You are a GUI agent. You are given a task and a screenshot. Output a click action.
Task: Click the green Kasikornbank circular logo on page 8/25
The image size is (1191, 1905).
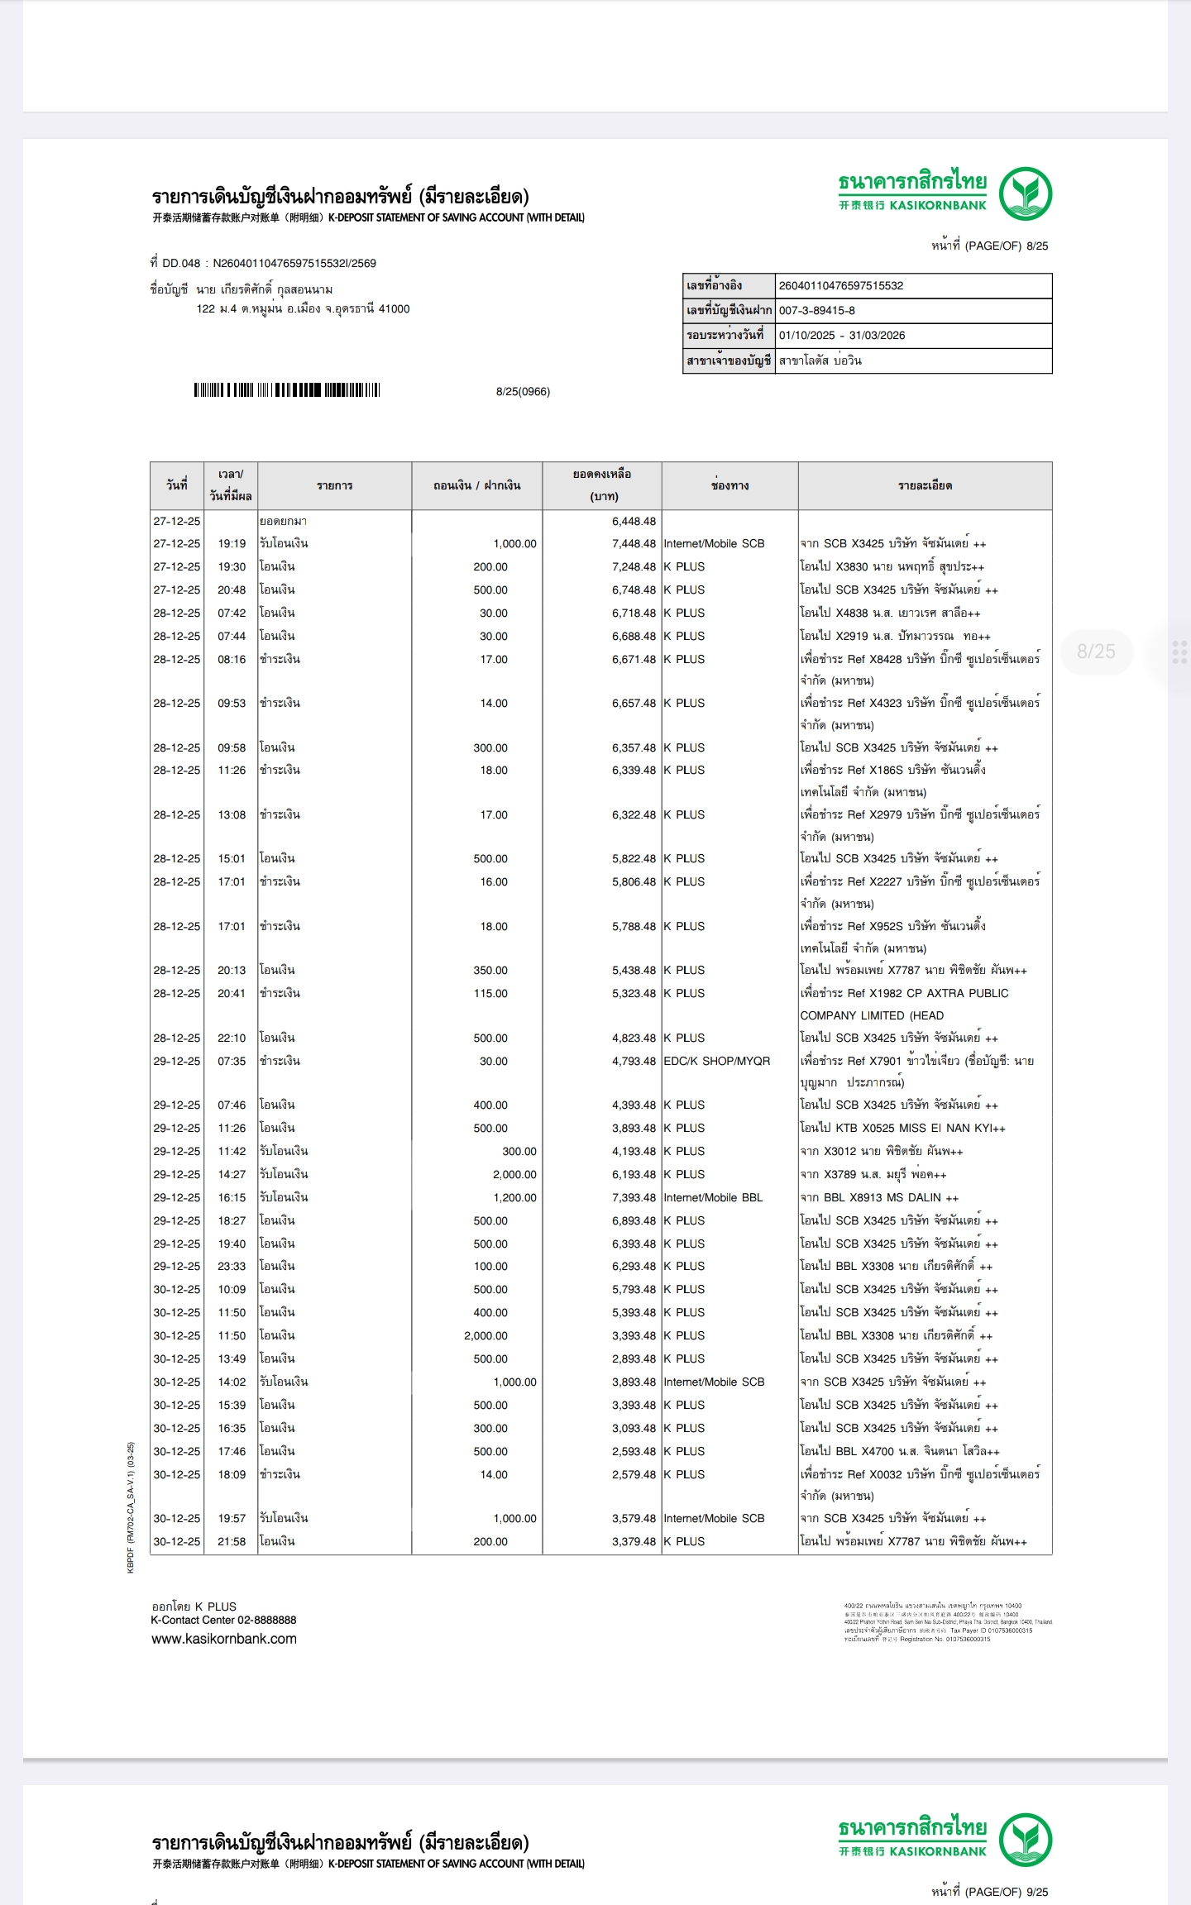pos(1025,193)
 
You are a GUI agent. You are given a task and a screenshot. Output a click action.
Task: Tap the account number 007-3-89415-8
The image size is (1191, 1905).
pos(816,311)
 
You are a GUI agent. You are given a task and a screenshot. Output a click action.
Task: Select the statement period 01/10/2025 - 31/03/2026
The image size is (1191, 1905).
pos(841,336)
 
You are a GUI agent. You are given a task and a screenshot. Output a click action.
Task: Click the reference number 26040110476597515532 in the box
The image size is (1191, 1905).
pos(840,286)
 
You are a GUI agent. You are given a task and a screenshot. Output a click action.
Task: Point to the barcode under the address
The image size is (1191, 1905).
pos(286,390)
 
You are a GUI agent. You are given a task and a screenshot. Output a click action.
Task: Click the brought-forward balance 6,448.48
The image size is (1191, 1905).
pos(634,522)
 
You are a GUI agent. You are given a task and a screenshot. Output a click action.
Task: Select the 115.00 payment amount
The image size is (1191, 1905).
pos(490,994)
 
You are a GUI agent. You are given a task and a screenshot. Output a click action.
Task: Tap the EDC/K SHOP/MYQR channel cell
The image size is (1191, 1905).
pos(716,1061)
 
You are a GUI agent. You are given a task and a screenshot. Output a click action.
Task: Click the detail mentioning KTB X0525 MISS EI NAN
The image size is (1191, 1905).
pos(902,1129)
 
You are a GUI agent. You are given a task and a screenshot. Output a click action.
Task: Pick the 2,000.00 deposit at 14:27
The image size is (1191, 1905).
pos(514,1175)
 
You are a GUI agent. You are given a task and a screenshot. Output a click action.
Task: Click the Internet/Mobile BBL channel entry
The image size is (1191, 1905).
pos(713,1198)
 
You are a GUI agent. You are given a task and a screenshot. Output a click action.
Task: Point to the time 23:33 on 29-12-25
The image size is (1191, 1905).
pos(232,1267)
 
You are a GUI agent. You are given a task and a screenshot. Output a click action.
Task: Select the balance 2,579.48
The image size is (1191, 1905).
pos(634,1475)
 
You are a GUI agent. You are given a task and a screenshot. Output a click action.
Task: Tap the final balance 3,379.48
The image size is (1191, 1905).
pos(634,1542)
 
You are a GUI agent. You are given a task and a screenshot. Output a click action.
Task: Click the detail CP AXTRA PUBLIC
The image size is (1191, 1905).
pos(904,994)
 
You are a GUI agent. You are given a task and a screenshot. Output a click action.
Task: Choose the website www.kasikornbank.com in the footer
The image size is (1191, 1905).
pos(223,1640)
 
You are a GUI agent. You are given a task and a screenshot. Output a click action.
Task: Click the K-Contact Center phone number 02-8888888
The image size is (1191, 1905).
pos(266,1621)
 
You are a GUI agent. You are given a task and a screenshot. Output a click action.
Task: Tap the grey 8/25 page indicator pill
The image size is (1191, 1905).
pos(1096,652)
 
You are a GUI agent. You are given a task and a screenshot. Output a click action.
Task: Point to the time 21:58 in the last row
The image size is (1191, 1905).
pos(232,1542)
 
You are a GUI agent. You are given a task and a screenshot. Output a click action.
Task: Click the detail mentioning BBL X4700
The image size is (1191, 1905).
pos(899,1452)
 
